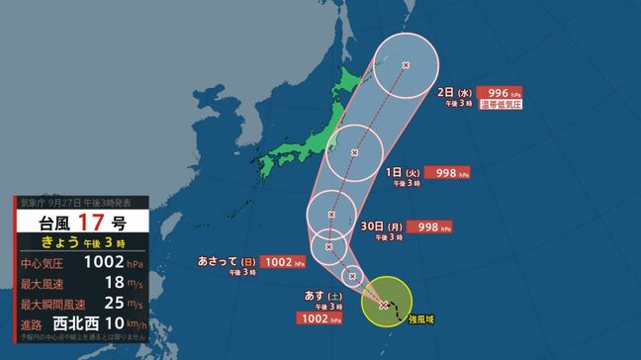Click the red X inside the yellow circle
coord(384,305)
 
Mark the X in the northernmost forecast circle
coord(406,64)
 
